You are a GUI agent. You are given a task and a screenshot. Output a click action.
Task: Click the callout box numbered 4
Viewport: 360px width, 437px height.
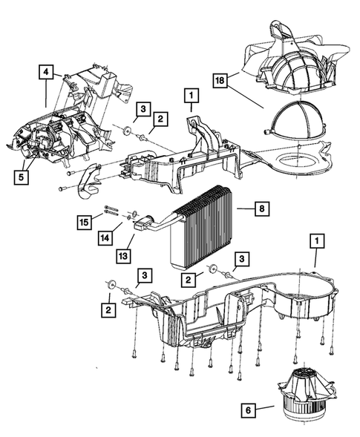click(x=46, y=72)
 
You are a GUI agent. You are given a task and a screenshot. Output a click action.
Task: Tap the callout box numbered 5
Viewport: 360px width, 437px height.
click(x=22, y=177)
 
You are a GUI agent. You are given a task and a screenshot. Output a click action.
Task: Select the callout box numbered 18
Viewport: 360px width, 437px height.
click(x=220, y=81)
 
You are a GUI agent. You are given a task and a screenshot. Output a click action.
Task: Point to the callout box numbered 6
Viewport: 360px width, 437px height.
click(x=249, y=410)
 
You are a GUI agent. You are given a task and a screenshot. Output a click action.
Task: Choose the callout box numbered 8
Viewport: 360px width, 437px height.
click(x=262, y=208)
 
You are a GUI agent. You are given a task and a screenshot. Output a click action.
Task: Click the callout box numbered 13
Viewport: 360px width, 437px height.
click(x=123, y=256)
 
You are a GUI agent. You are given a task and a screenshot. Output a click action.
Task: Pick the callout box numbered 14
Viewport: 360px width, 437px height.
click(x=105, y=238)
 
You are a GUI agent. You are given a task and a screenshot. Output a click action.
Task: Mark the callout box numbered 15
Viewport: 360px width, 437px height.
click(x=85, y=223)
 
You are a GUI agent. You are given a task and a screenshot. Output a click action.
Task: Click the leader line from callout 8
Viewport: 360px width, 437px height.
click(x=246, y=208)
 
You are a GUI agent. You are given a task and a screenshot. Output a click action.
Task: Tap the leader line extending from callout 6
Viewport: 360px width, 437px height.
click(x=265, y=408)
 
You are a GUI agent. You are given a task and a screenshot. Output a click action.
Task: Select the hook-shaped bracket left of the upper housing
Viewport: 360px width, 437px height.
click(x=88, y=183)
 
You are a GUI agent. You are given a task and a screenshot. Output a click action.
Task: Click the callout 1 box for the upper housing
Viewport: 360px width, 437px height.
click(x=192, y=96)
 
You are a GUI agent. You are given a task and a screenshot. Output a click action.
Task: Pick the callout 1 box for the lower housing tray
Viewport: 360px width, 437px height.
click(x=317, y=241)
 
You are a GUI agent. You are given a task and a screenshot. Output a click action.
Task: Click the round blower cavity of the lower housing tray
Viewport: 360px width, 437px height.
click(x=306, y=299)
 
